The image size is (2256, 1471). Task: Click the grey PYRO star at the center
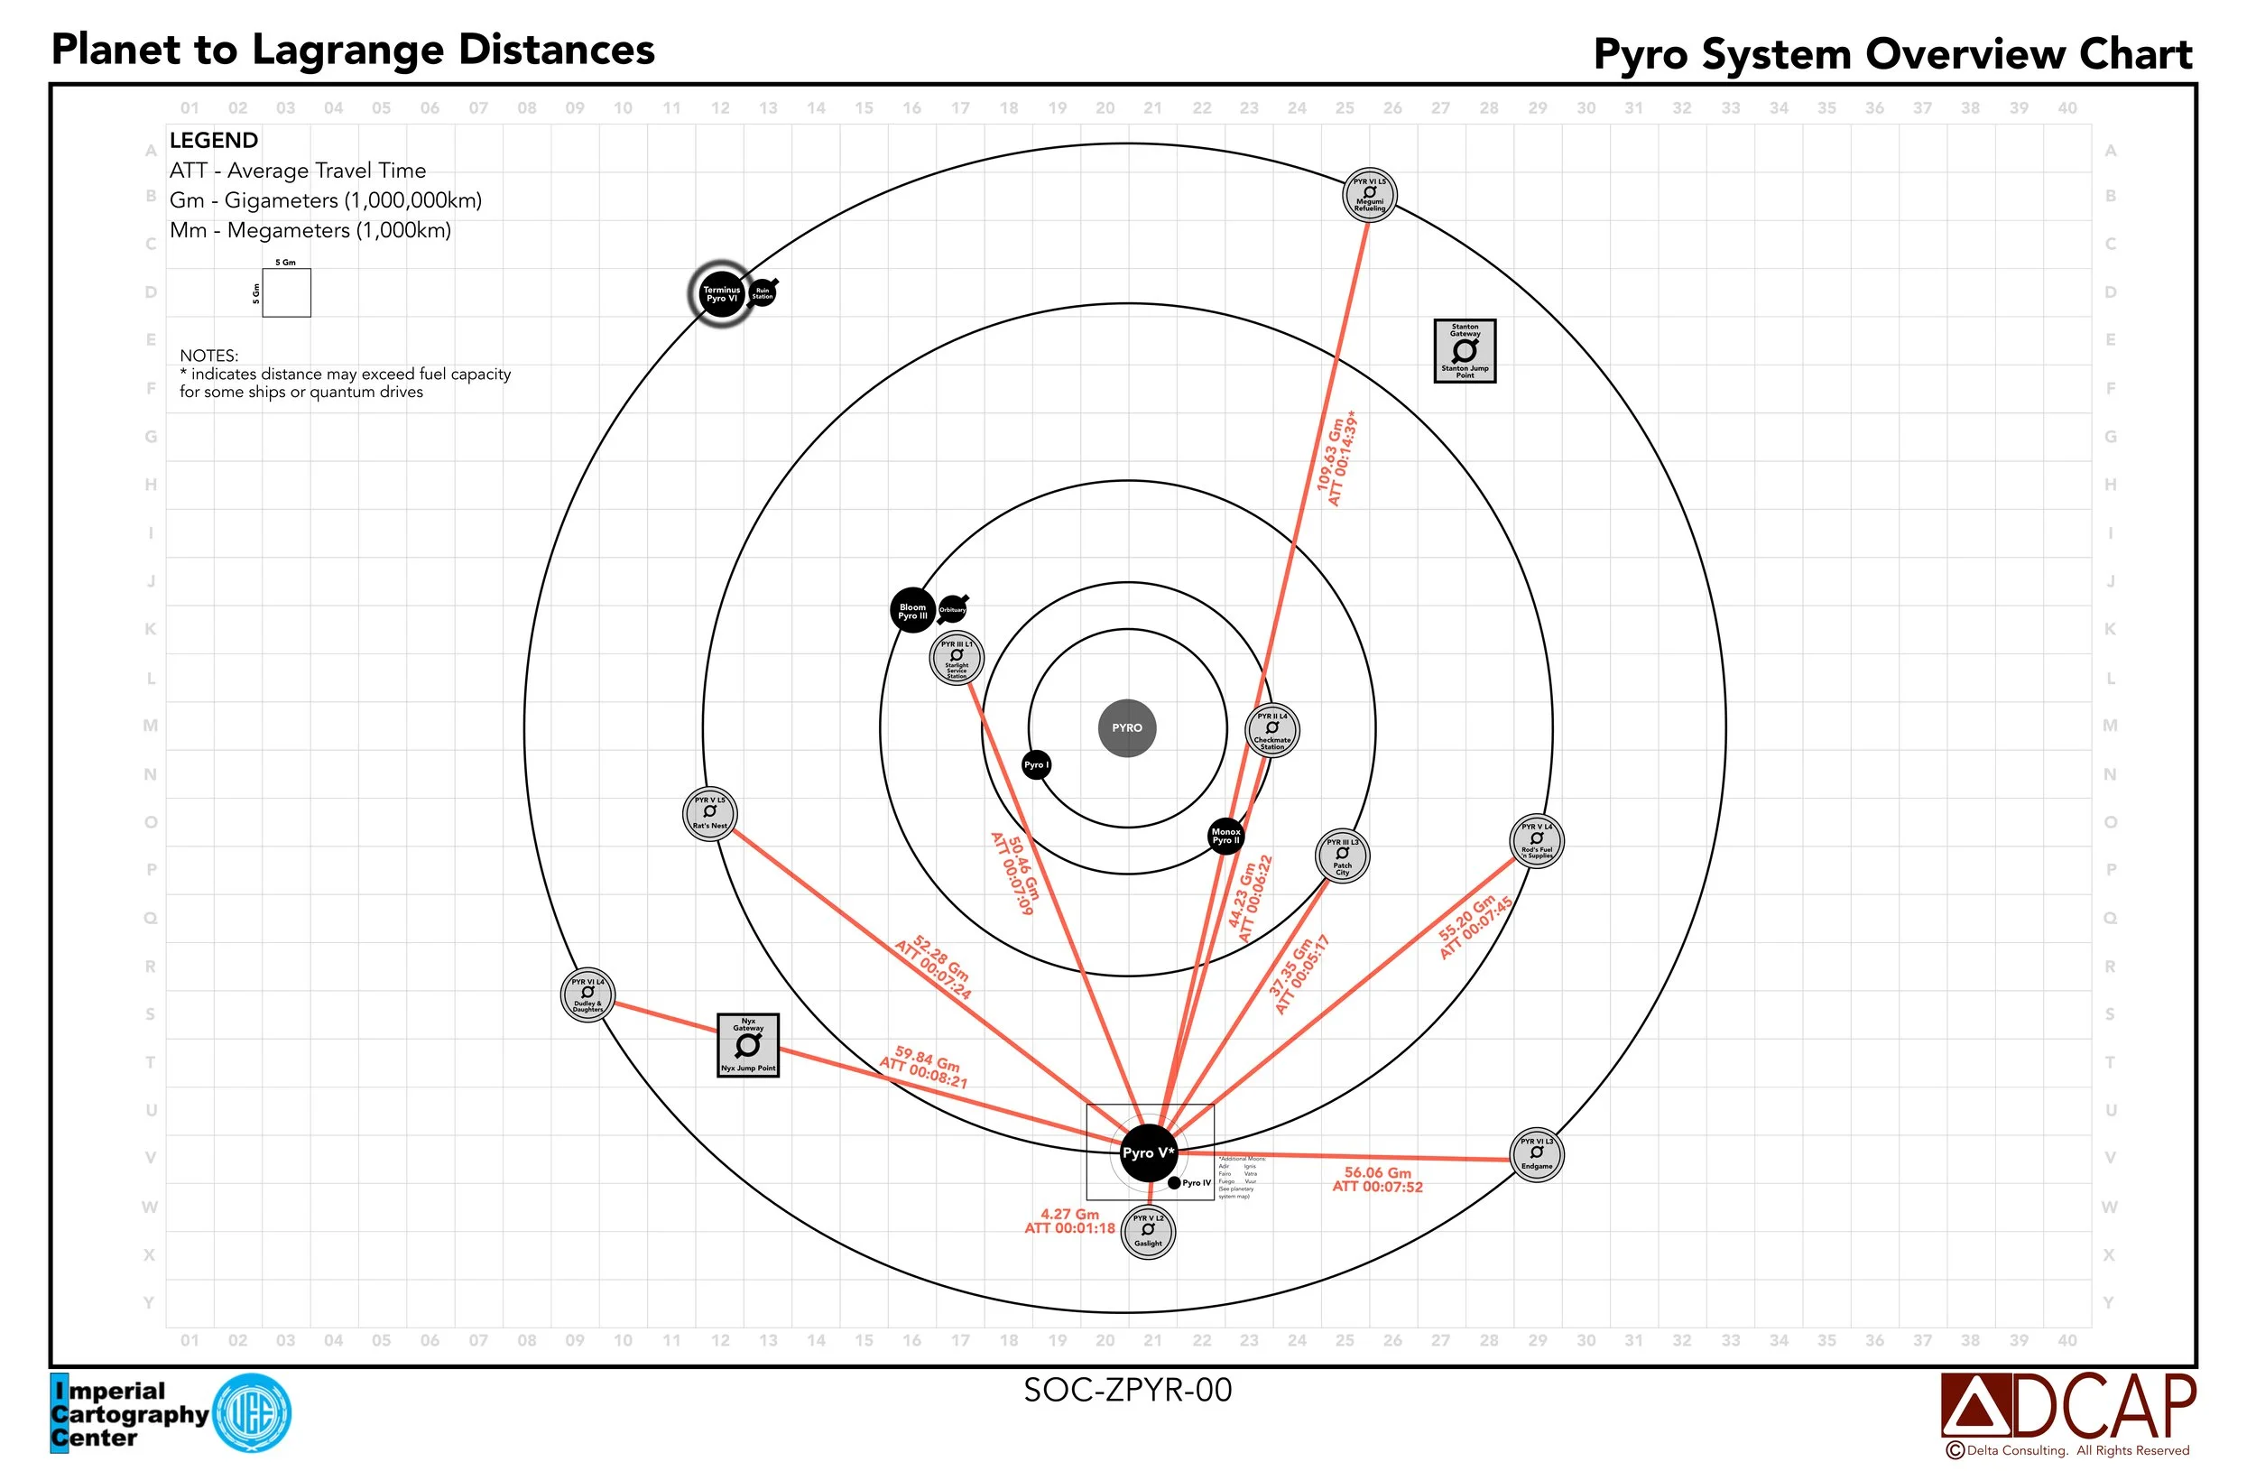coord(1127,728)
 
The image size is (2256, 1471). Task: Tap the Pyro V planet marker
coord(1148,1152)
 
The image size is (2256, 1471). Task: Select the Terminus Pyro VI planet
coord(721,294)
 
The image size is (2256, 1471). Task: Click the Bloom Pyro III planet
coord(913,611)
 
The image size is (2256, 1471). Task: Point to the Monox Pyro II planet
coord(1225,836)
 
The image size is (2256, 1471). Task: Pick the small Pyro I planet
coord(1036,765)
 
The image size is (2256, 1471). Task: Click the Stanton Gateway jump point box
coord(1465,351)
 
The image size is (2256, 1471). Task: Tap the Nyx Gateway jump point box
coord(748,1045)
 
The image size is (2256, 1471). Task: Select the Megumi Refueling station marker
coord(1370,194)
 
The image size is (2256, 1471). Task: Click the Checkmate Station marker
coord(1272,730)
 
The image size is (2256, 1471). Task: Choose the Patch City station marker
coord(1342,856)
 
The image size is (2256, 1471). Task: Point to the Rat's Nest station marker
coord(710,813)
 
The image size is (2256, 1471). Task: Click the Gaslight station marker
coord(1148,1231)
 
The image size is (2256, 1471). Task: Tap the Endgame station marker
coord(1537,1154)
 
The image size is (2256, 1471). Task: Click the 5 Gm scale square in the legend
coord(286,293)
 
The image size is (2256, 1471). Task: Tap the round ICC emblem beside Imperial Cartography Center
coord(252,1413)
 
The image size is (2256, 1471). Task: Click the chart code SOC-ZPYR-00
coord(1127,1391)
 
